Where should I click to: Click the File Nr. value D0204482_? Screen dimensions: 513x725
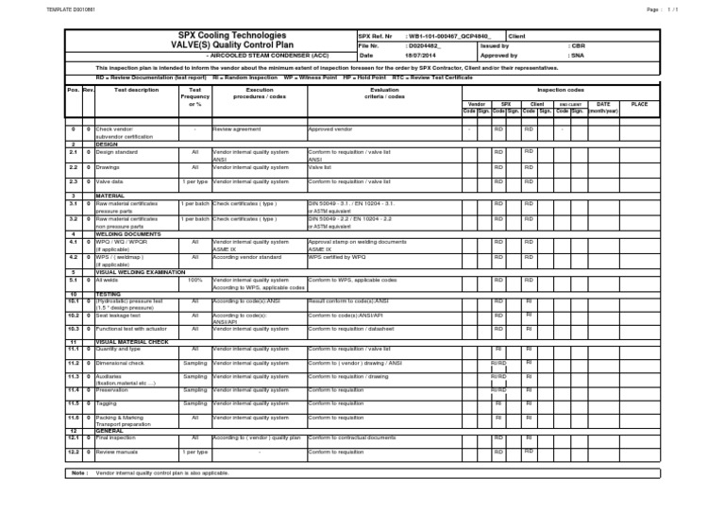(423, 44)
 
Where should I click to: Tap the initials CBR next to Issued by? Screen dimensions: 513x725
(577, 44)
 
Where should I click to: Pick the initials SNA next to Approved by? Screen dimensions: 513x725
(577, 55)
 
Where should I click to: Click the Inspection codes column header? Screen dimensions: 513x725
(561, 90)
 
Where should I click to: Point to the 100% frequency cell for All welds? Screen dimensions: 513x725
(194, 280)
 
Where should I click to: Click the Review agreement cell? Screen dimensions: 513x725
(235, 129)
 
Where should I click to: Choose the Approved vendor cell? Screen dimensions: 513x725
(331, 129)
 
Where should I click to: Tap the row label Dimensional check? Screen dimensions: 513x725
(119, 362)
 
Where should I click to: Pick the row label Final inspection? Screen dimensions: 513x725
(117, 438)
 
